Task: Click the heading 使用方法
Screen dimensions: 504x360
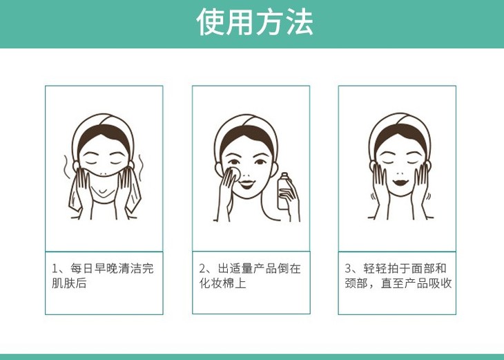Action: coord(255,21)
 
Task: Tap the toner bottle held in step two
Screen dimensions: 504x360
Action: coord(284,191)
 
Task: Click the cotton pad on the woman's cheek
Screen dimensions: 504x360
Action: coord(235,173)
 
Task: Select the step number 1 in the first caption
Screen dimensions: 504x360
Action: coord(55,268)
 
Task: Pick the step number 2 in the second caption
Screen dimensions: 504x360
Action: coord(202,268)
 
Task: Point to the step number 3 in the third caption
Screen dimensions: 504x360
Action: coord(348,268)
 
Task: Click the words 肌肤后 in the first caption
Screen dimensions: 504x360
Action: coord(69,283)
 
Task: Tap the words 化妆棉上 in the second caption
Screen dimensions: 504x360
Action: coord(222,283)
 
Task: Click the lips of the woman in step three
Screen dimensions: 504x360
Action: coord(400,182)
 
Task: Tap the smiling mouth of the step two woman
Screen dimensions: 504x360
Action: coord(247,184)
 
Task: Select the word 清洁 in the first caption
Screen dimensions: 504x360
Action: coord(130,268)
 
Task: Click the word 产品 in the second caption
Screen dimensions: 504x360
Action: coord(266,268)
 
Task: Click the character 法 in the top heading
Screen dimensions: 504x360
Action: coord(300,21)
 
